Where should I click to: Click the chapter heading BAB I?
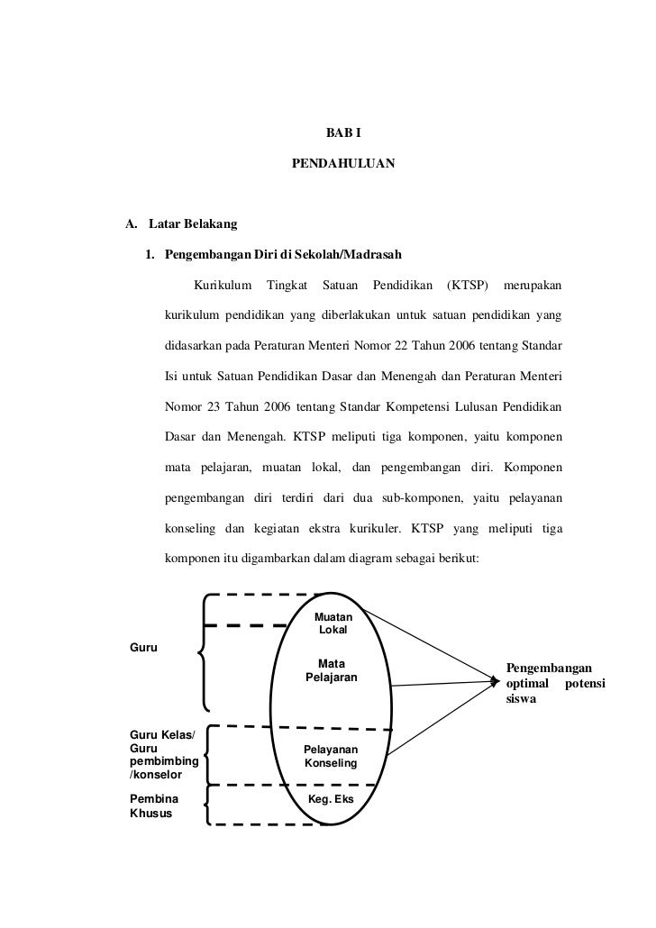pos(342,133)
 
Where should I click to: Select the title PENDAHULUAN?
pos(342,167)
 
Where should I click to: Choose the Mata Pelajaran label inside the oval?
pos(332,669)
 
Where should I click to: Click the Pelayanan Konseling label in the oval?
pos(331,756)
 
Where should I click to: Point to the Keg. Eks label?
pos(332,798)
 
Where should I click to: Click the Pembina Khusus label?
pos(154,805)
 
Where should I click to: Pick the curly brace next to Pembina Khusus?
pos(207,804)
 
